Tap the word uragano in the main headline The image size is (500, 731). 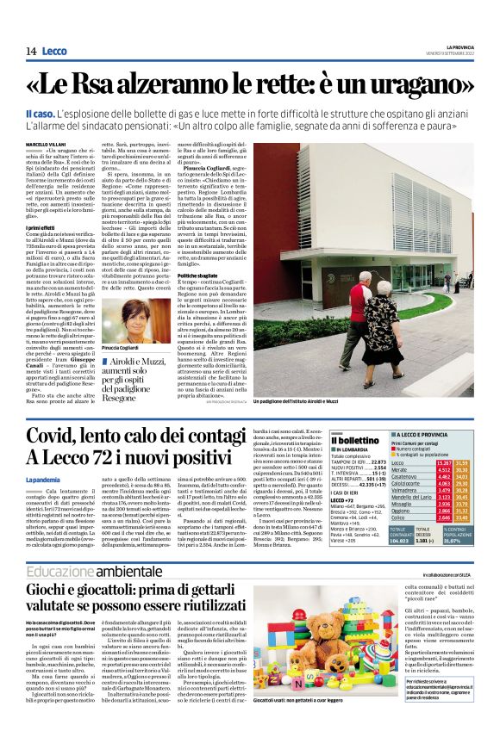(x=411, y=85)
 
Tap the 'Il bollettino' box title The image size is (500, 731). (x=352, y=441)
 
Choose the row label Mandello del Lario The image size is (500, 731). (x=412, y=498)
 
